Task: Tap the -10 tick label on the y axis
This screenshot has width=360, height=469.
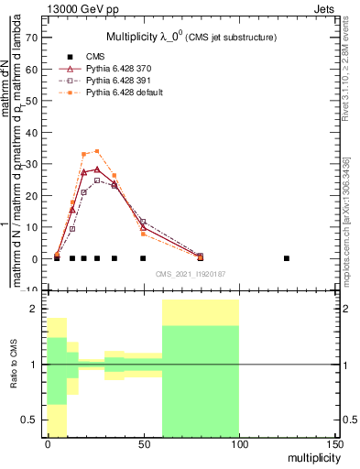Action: (x=28, y=290)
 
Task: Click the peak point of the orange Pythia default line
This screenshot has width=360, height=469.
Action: (x=97, y=151)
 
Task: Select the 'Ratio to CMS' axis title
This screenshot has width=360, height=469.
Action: (x=13, y=365)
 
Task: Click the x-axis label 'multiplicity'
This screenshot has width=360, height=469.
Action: (x=311, y=456)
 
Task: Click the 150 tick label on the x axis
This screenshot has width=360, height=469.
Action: (x=333, y=444)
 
